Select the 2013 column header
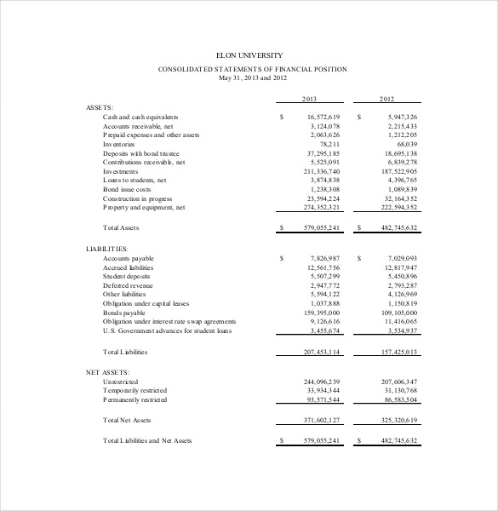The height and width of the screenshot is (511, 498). [x=310, y=100]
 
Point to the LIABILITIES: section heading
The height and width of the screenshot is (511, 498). [x=106, y=248]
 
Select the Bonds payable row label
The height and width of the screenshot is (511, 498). [x=125, y=313]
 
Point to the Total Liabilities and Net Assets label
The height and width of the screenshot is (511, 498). [x=147, y=440]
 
